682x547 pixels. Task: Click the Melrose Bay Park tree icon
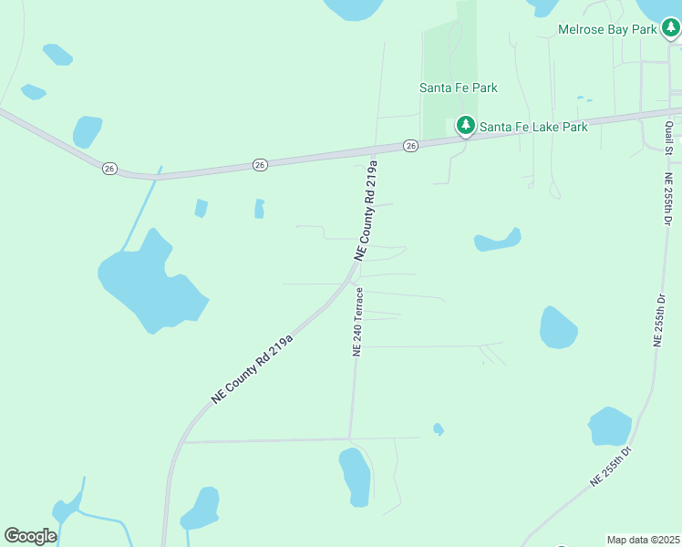pyautogui.click(x=671, y=30)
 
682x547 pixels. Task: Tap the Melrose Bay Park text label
pyautogui.click(x=608, y=30)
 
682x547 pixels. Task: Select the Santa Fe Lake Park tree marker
pyautogui.click(x=466, y=126)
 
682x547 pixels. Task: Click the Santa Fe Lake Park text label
pyautogui.click(x=533, y=128)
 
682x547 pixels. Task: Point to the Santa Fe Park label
pyautogui.click(x=459, y=88)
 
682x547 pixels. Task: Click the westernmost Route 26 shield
pyautogui.click(x=109, y=168)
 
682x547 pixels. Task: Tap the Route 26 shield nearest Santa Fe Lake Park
pyautogui.click(x=411, y=146)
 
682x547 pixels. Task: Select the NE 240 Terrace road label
pyautogui.click(x=358, y=322)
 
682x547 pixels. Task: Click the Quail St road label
pyautogui.click(x=669, y=134)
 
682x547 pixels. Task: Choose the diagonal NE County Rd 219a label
pyautogui.click(x=253, y=369)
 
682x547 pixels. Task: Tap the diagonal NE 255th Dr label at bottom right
pyautogui.click(x=612, y=465)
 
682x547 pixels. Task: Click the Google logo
pyautogui.click(x=30, y=536)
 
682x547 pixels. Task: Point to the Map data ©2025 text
pyautogui.click(x=643, y=540)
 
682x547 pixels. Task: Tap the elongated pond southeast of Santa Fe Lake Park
pyautogui.click(x=497, y=241)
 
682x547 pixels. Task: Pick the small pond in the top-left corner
pyautogui.click(x=57, y=54)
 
